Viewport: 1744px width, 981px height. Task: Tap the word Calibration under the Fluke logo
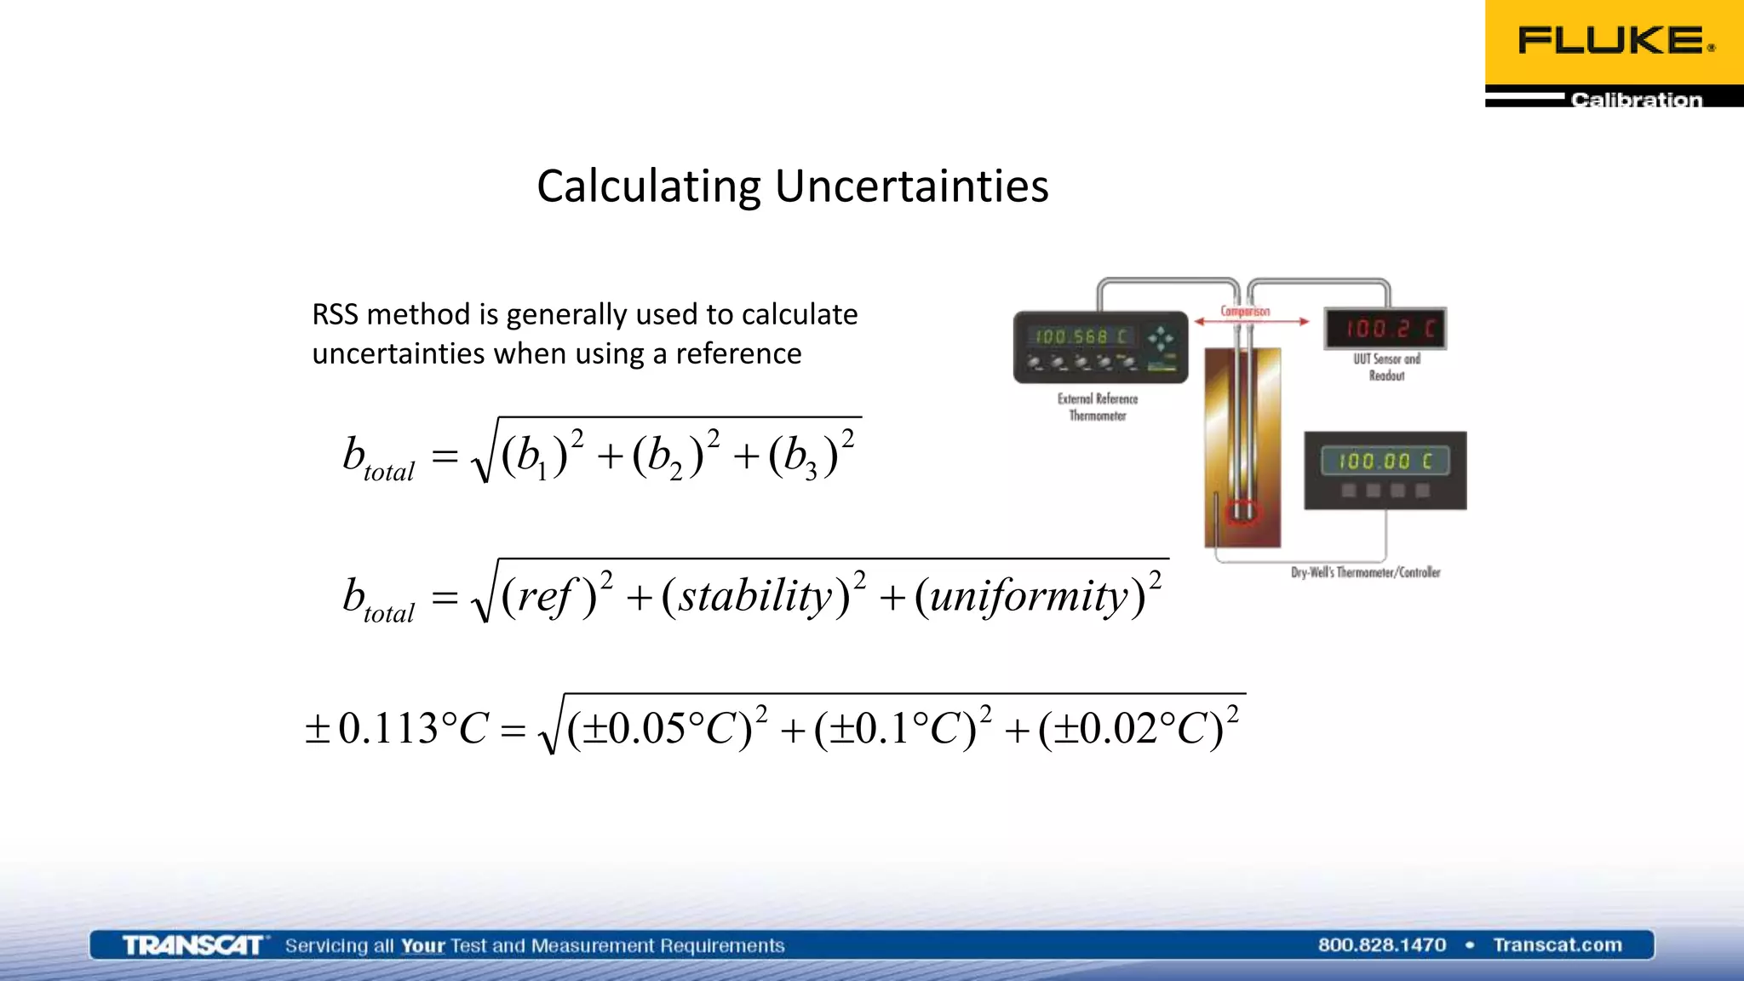pyautogui.click(x=1636, y=100)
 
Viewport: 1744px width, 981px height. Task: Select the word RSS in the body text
pyautogui.click(x=335, y=314)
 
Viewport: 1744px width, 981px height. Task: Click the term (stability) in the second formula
pyautogui.click(x=756, y=596)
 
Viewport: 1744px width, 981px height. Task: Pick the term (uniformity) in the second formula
pyautogui.click(x=1030, y=596)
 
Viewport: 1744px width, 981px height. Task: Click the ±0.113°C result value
pyautogui.click(x=397, y=728)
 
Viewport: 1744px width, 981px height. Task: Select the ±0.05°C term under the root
pyautogui.click(x=660, y=728)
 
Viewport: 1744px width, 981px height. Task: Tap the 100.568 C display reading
pyautogui.click(x=1081, y=336)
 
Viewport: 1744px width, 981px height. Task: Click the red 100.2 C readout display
pyautogui.click(x=1385, y=328)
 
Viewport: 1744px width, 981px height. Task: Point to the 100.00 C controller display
pyautogui.click(x=1385, y=461)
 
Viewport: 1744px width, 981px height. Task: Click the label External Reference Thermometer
pyautogui.click(x=1098, y=406)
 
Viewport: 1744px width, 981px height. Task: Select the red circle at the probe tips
pyautogui.click(x=1241, y=512)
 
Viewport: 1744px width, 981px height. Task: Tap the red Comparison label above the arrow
pyautogui.click(x=1245, y=311)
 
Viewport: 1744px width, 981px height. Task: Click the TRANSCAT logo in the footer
pyautogui.click(x=192, y=945)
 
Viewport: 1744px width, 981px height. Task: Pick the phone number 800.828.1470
pyautogui.click(x=1381, y=944)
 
